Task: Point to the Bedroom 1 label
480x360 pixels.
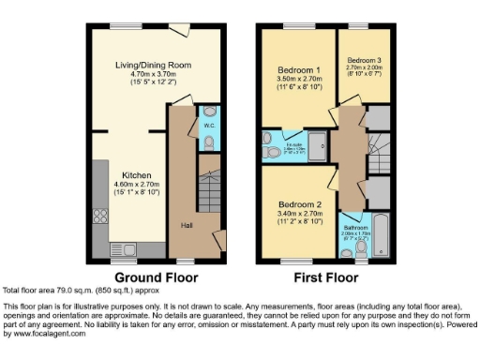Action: pos(299,70)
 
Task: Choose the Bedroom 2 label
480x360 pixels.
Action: pos(299,204)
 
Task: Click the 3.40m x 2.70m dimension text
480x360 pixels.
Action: pos(299,215)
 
